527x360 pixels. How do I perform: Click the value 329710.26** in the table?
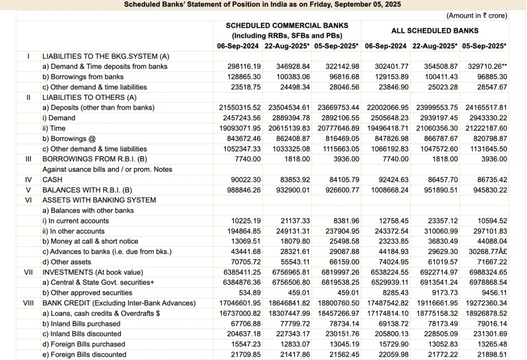486,66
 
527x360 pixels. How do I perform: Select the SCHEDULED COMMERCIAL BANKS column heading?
287,25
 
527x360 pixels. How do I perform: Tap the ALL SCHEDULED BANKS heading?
435,30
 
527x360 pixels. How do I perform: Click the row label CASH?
52,180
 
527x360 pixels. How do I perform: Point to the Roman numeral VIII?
29,303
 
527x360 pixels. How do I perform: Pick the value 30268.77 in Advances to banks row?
484,251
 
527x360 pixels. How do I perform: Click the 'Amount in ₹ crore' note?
477,16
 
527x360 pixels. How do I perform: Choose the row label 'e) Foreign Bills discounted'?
84,354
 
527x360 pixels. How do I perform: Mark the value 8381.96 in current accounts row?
343,221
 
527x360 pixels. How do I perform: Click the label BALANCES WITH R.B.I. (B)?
85,190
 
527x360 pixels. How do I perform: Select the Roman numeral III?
29,159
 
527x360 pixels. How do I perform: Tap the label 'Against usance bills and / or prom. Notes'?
107,169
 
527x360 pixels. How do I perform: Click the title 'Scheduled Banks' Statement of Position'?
262,5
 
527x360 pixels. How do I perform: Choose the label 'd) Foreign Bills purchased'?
84,344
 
